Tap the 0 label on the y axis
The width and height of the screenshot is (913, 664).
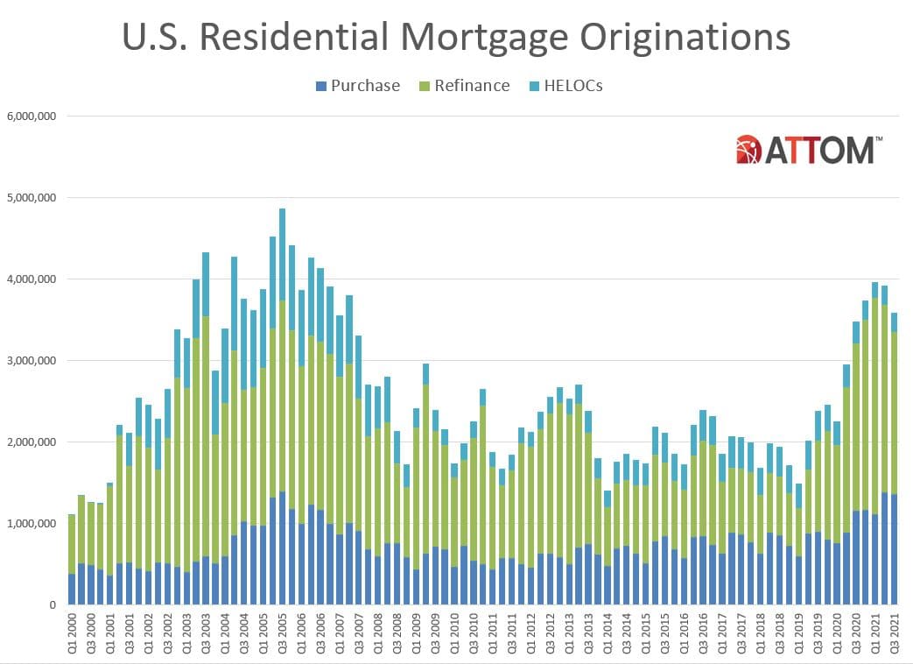tap(53, 605)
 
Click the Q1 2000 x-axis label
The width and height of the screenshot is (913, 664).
tap(73, 632)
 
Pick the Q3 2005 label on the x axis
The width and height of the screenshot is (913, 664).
tap(282, 632)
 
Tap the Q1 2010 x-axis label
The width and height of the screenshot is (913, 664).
tap(453, 632)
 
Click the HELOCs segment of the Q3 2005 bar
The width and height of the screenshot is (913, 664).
tap(282, 255)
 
